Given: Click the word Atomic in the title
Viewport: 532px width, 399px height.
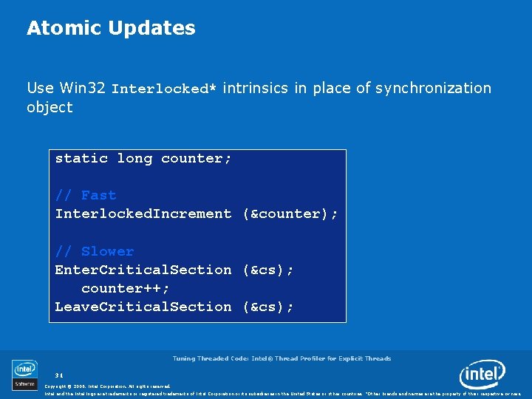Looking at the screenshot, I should pos(64,29).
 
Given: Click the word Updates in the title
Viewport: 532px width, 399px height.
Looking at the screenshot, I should pos(151,29).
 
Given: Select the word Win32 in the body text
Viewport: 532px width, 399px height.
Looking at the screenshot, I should pos(82,88).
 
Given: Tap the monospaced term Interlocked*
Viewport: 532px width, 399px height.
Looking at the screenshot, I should pos(163,89).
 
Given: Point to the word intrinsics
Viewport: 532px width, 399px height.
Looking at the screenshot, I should pos(256,88).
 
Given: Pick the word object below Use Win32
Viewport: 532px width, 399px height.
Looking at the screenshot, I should pos(50,107).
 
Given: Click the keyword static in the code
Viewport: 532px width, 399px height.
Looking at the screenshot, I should pos(81,158).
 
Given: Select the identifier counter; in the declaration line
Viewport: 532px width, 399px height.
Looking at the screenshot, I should pos(197,158).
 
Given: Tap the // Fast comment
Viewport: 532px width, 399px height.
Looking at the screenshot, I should pos(86,195).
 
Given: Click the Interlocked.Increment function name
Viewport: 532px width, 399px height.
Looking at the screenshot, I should pos(143,214).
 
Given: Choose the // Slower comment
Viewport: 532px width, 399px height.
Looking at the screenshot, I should pos(95,251).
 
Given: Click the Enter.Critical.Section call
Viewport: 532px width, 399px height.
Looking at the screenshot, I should pos(143,270).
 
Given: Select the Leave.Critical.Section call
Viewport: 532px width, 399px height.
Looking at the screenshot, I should pos(143,307).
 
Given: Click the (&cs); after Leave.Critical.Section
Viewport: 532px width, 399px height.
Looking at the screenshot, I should pos(268,307).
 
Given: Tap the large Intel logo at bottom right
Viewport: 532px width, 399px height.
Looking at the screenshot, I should pos(482,375).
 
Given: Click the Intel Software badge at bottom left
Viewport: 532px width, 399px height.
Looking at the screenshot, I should pos(24,375).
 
